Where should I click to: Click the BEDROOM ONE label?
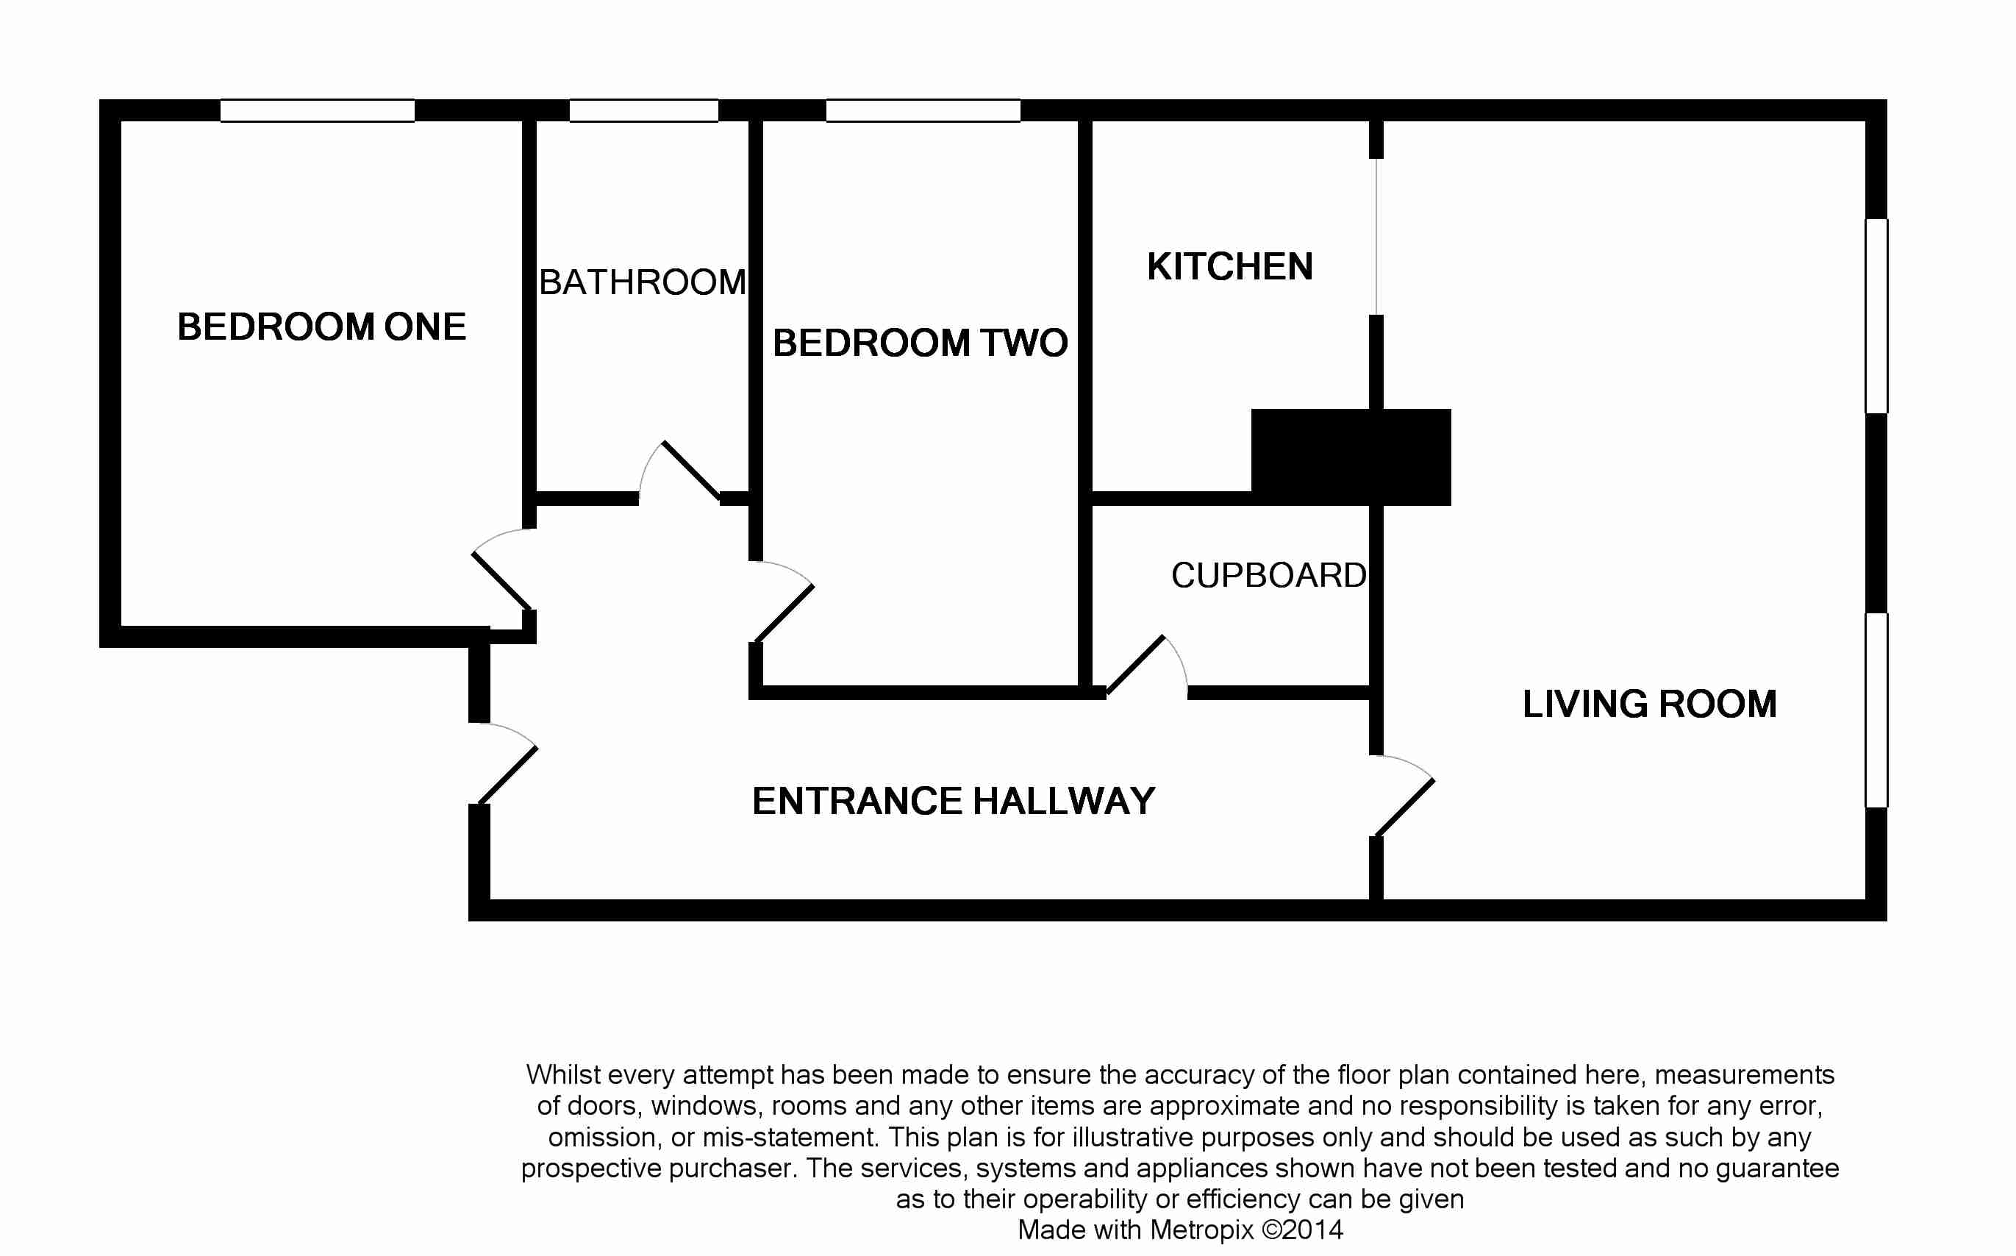[x=321, y=327]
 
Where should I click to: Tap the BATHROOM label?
[x=643, y=282]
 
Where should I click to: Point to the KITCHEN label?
[x=1230, y=267]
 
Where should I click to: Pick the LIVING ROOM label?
[x=1649, y=704]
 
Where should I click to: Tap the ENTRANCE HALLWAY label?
[x=953, y=801]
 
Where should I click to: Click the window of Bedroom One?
[x=317, y=110]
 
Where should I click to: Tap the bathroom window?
[x=643, y=110]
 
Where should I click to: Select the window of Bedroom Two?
[x=923, y=110]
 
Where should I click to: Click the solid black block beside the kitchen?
[x=1351, y=457]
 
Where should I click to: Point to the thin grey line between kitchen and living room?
[x=1376, y=237]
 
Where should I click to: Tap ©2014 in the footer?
[x=1302, y=1230]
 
